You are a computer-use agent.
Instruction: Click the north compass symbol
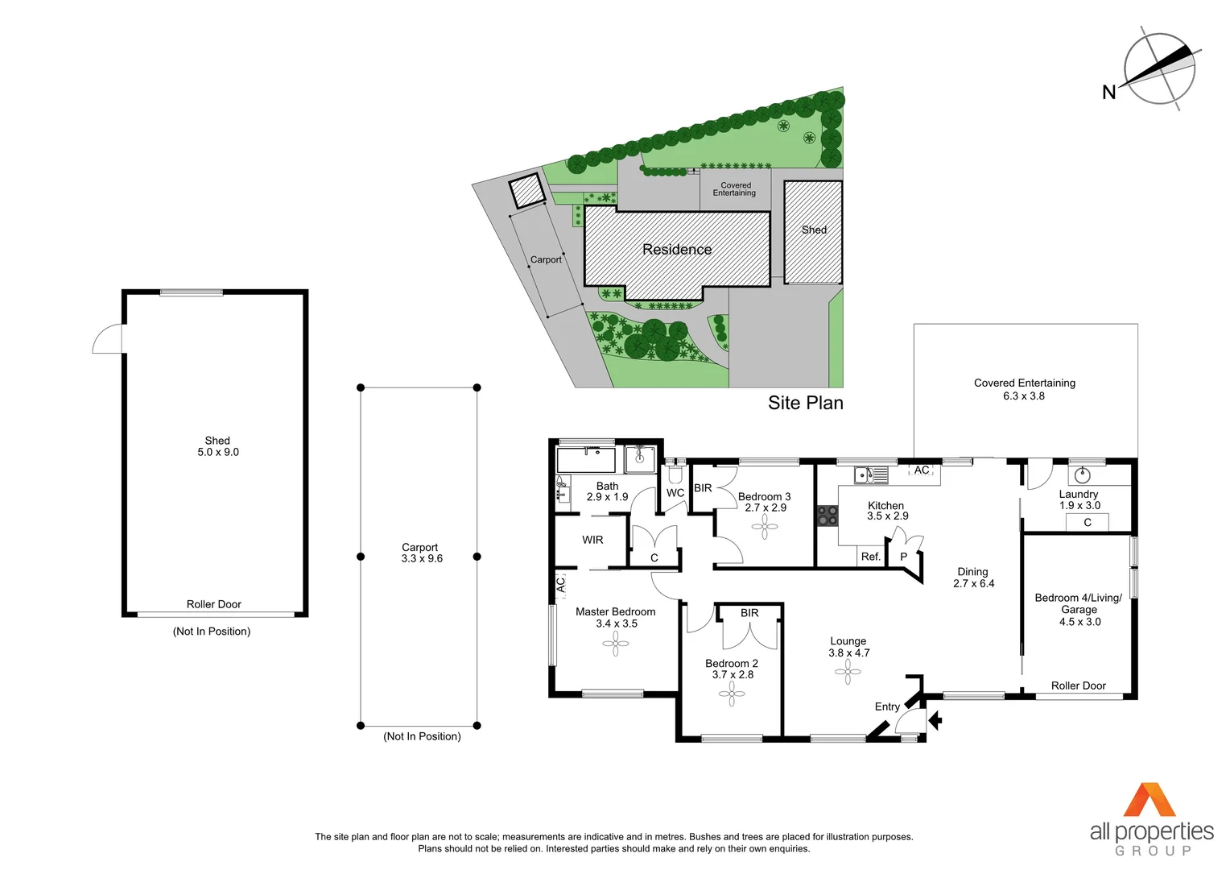(1159, 68)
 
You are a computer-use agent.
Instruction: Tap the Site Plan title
(805, 403)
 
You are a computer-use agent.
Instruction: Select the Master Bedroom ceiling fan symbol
(616, 644)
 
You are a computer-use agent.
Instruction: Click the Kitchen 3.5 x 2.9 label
(887, 511)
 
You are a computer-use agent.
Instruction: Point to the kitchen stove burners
(828, 516)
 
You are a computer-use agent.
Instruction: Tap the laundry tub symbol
(1083, 474)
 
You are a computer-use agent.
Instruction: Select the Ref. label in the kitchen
(870, 557)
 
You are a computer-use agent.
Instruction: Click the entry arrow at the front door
(935, 719)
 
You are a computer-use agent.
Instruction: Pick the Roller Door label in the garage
(1078, 686)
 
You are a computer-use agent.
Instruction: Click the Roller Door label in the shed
(213, 604)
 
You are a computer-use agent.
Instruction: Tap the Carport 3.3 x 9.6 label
(421, 553)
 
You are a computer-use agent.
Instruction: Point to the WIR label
(592, 540)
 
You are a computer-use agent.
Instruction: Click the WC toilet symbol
(675, 474)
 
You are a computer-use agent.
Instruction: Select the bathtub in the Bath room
(586, 460)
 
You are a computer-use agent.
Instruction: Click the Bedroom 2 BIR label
(749, 613)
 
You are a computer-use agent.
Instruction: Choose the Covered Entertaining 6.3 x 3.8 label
(1024, 389)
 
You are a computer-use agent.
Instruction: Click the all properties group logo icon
(1150, 800)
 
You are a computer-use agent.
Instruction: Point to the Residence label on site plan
(677, 250)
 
